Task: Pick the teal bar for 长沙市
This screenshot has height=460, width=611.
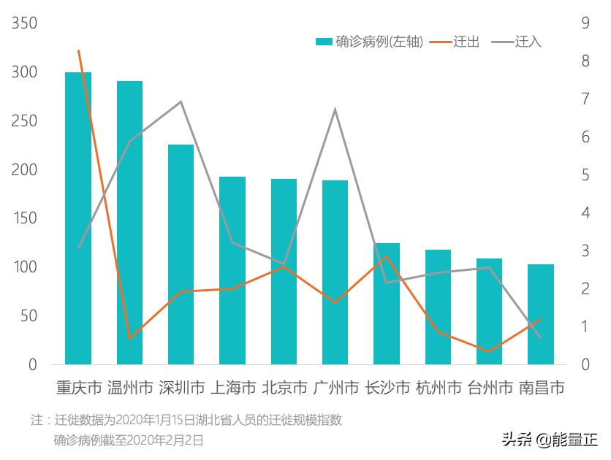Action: click(x=387, y=303)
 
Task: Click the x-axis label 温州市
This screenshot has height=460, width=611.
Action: click(x=130, y=388)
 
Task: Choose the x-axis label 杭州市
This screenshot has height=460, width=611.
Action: click(x=439, y=388)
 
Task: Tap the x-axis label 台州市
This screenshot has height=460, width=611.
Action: click(x=490, y=388)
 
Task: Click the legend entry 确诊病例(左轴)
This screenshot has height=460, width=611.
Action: click(x=370, y=42)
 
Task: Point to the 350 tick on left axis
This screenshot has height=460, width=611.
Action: click(x=25, y=23)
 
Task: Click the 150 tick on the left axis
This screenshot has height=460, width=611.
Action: click(x=25, y=218)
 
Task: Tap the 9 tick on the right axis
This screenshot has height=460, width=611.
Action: click(x=585, y=23)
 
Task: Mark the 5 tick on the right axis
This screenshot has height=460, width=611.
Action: click(x=585, y=175)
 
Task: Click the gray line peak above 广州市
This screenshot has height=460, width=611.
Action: click(x=335, y=110)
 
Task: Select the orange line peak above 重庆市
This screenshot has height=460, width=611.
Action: click(x=78, y=50)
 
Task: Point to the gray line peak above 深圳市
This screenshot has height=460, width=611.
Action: click(x=181, y=101)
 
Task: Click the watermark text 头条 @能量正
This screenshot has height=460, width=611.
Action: click(x=549, y=440)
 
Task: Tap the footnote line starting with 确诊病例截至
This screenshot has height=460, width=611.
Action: click(x=128, y=440)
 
